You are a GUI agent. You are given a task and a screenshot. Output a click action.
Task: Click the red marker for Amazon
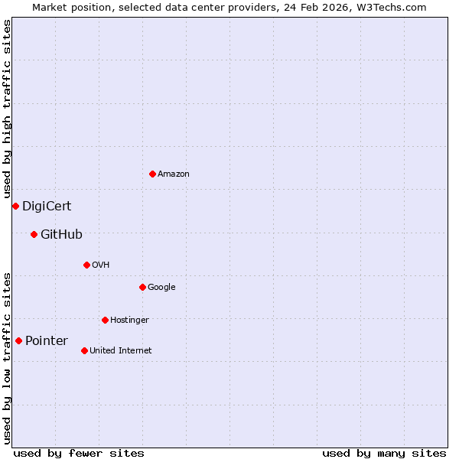pyautogui.click(x=152, y=174)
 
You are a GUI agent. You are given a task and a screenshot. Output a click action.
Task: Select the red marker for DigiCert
pyautogui.click(x=15, y=206)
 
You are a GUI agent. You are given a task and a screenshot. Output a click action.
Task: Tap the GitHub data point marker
pyautogui.click(x=34, y=234)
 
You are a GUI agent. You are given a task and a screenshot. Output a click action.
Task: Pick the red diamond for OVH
pyautogui.click(x=86, y=265)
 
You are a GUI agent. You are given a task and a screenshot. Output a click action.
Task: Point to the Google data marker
pyautogui.click(x=142, y=287)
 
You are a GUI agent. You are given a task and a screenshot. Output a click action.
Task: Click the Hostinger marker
pyautogui.click(x=105, y=320)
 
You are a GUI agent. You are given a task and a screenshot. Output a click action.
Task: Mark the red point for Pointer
pyautogui.click(x=18, y=340)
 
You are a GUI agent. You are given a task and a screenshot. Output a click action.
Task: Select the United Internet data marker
pyautogui.click(x=84, y=350)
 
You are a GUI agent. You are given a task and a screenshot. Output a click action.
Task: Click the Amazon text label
pyautogui.click(x=174, y=174)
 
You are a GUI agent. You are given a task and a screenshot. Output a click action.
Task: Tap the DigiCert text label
pyautogui.click(x=47, y=206)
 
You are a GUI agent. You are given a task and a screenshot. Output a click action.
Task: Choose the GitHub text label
pyautogui.click(x=61, y=234)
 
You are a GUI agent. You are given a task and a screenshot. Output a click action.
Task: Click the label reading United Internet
pyautogui.click(x=120, y=350)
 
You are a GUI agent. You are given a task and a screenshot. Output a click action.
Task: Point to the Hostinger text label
pyautogui.click(x=129, y=320)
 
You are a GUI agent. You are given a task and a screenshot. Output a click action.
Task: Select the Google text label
pyautogui.click(x=161, y=287)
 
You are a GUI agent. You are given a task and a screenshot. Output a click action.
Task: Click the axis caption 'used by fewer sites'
pyautogui.click(x=79, y=453)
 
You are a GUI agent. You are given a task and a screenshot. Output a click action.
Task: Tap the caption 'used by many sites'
pyautogui.click(x=384, y=453)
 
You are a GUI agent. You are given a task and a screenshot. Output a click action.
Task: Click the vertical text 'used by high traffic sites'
pyautogui.click(x=8, y=109)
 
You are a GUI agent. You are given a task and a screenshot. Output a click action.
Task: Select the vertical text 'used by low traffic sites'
pyautogui.click(x=8, y=357)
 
